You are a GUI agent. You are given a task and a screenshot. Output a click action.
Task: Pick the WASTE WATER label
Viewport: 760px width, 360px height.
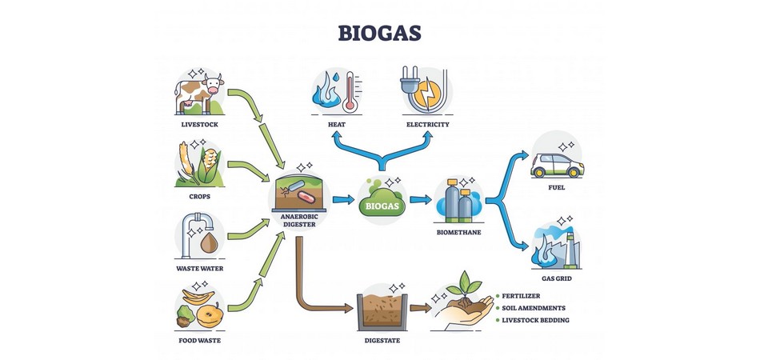199,268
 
